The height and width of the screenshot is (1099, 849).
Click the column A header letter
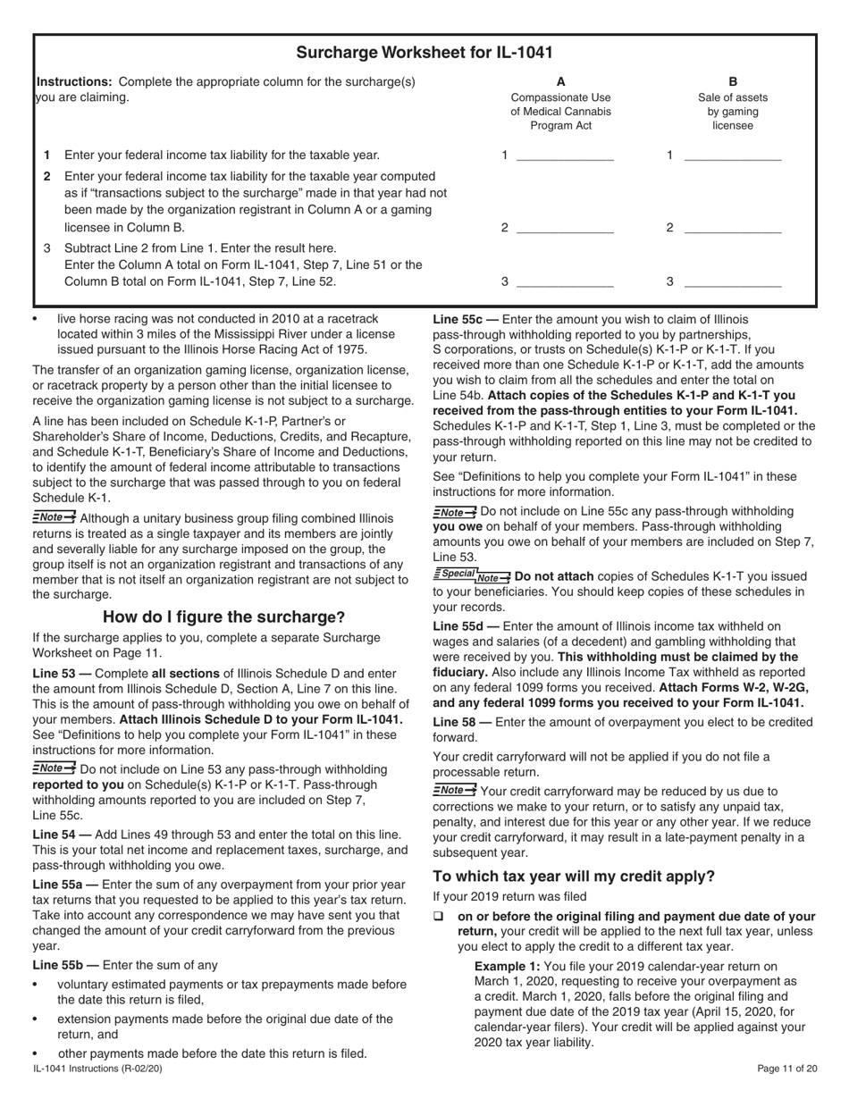pyautogui.click(x=560, y=81)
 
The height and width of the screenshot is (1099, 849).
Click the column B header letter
pyautogui.click(x=733, y=81)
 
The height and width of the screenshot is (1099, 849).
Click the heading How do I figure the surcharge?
pyautogui.click(x=223, y=617)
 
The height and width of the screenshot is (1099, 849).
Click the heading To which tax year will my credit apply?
pyautogui.click(x=574, y=876)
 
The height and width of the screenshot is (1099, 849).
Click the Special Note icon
pyautogui.click(x=472, y=576)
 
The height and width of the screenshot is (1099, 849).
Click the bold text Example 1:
pyautogui.click(x=507, y=966)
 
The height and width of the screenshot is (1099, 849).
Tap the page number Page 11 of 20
pyautogui.click(x=786, y=1069)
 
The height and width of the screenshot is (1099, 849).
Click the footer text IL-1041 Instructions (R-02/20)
pyautogui.click(x=97, y=1069)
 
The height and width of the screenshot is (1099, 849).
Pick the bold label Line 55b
pyautogui.click(x=65, y=965)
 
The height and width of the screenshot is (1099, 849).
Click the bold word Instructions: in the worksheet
pyautogui.click(x=73, y=82)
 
